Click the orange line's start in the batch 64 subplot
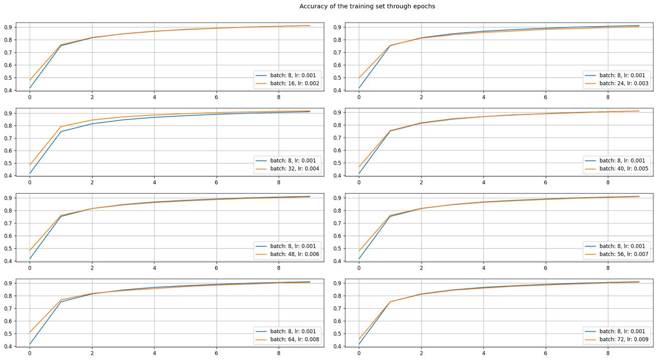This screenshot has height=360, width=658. pos(30,332)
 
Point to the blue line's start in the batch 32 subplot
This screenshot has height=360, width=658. pos(30,173)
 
